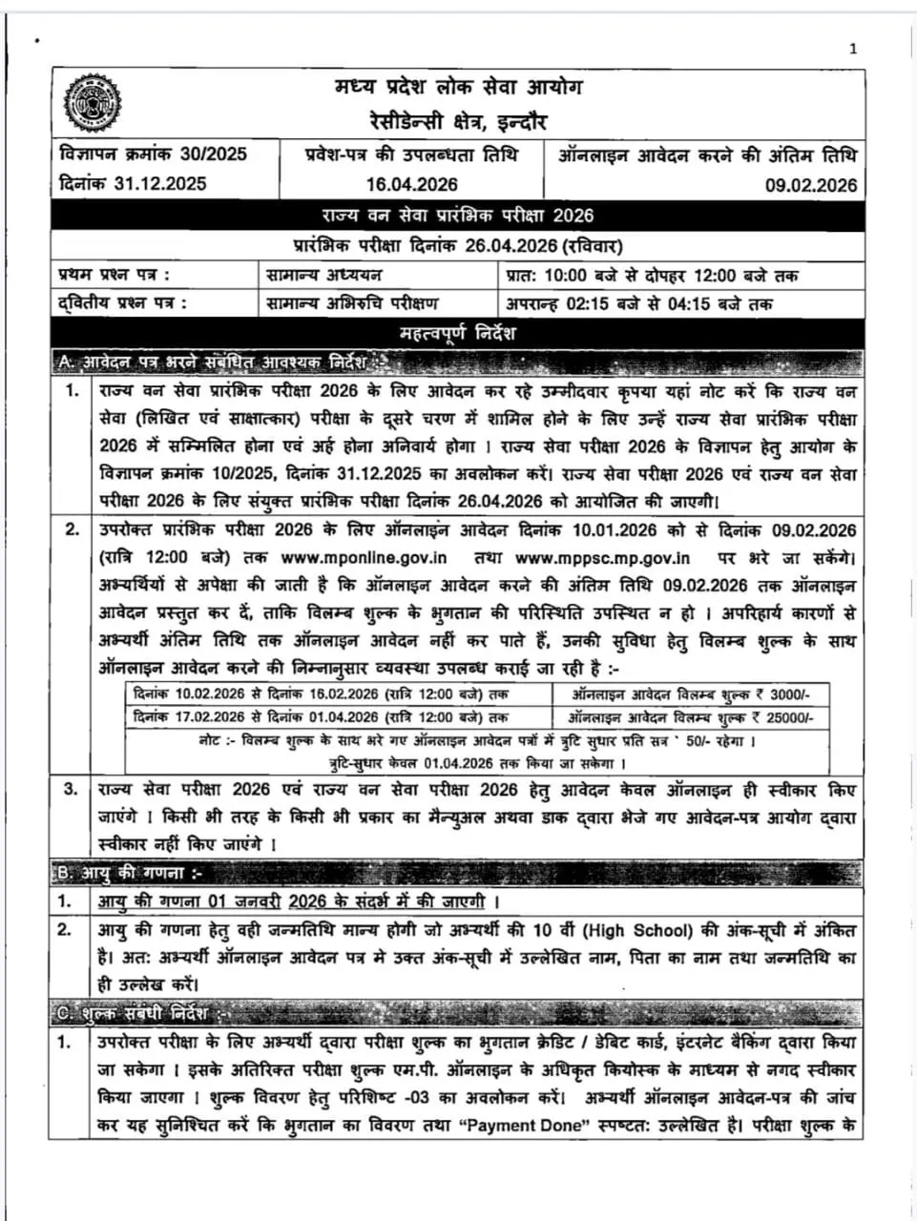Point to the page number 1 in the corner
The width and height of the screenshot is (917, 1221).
pos(853,49)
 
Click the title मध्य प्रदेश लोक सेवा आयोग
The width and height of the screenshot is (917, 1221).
pos(458,89)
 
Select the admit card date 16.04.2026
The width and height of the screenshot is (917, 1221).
pos(411,184)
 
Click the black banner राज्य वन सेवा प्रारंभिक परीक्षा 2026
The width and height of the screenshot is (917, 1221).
pos(458,216)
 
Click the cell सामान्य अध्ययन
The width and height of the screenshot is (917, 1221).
pos(324,276)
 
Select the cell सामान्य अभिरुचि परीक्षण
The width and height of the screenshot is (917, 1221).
pos(353,304)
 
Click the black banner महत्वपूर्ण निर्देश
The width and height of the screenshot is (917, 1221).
pos(458,334)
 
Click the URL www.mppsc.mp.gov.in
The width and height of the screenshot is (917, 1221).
pos(602,558)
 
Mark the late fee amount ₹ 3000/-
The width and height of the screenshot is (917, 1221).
pos(785,694)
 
